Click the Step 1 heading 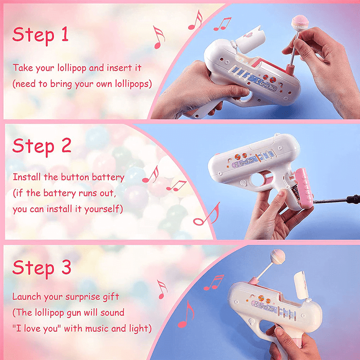point(40,35)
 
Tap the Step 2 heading point(42,146)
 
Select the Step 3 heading point(42,267)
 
